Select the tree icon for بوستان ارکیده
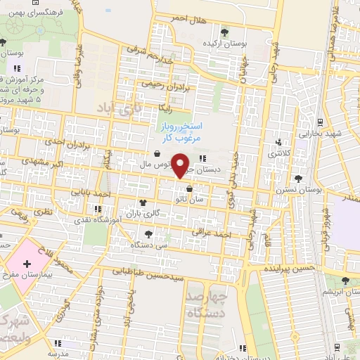pyautogui.click(x=224, y=32)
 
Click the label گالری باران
pyautogui.click(x=147, y=212)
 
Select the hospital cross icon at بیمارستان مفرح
pyautogui.click(x=27, y=264)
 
